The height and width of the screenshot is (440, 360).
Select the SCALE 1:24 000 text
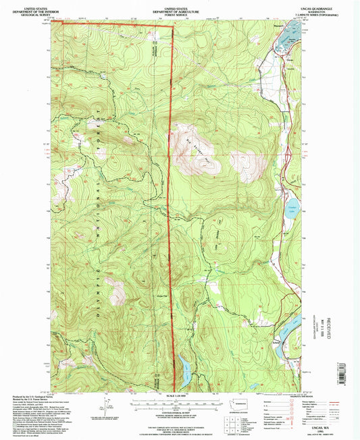click(x=180, y=395)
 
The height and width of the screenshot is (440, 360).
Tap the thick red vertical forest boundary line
click(x=170, y=202)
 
